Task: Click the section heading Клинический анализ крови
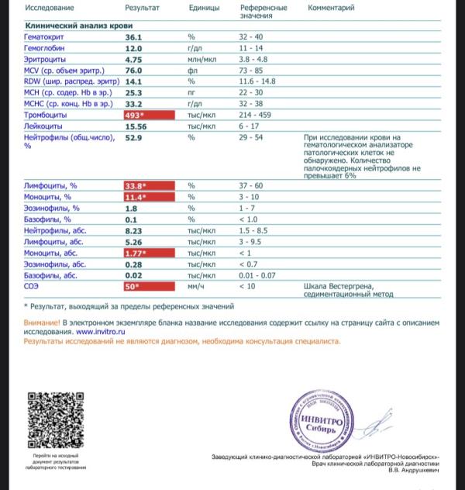click(68, 26)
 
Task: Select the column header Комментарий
click(331, 7)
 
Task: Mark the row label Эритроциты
click(44, 59)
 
